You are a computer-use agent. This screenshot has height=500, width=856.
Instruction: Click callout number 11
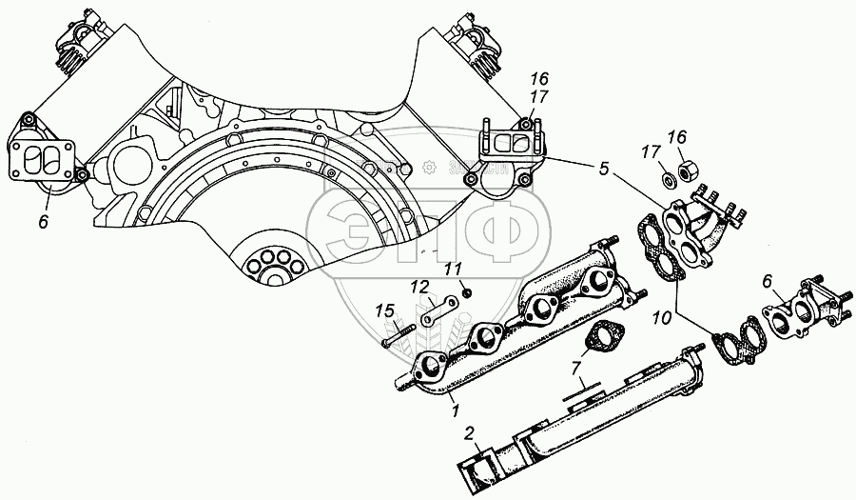click(455, 270)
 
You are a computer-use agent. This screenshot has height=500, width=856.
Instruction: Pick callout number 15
click(384, 311)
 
